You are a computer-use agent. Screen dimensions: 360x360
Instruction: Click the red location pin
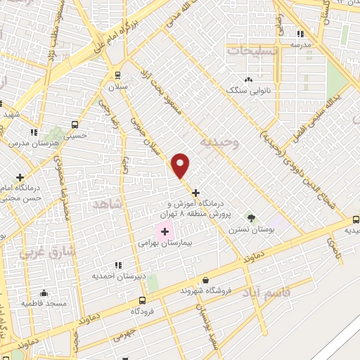[x=181, y=165]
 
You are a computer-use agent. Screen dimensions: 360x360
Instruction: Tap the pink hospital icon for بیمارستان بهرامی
[x=165, y=231]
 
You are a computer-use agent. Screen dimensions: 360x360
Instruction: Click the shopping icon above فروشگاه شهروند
[x=205, y=280]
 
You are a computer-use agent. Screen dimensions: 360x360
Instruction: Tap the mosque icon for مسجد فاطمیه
[x=44, y=292]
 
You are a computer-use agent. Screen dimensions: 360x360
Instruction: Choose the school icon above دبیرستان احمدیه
[x=117, y=265]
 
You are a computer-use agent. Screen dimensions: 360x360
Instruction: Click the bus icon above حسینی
[x=75, y=124]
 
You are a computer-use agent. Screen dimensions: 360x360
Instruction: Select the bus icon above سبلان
[x=117, y=75]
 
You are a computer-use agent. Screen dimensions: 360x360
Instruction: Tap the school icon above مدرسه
[x=301, y=33]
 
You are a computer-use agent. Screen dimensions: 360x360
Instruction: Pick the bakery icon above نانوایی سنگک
[x=247, y=80]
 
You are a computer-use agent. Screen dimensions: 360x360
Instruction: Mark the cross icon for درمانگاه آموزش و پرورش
[x=195, y=192]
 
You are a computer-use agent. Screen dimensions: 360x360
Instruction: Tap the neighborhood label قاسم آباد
[x=264, y=291]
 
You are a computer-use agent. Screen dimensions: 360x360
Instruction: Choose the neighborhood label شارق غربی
[x=39, y=250]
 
